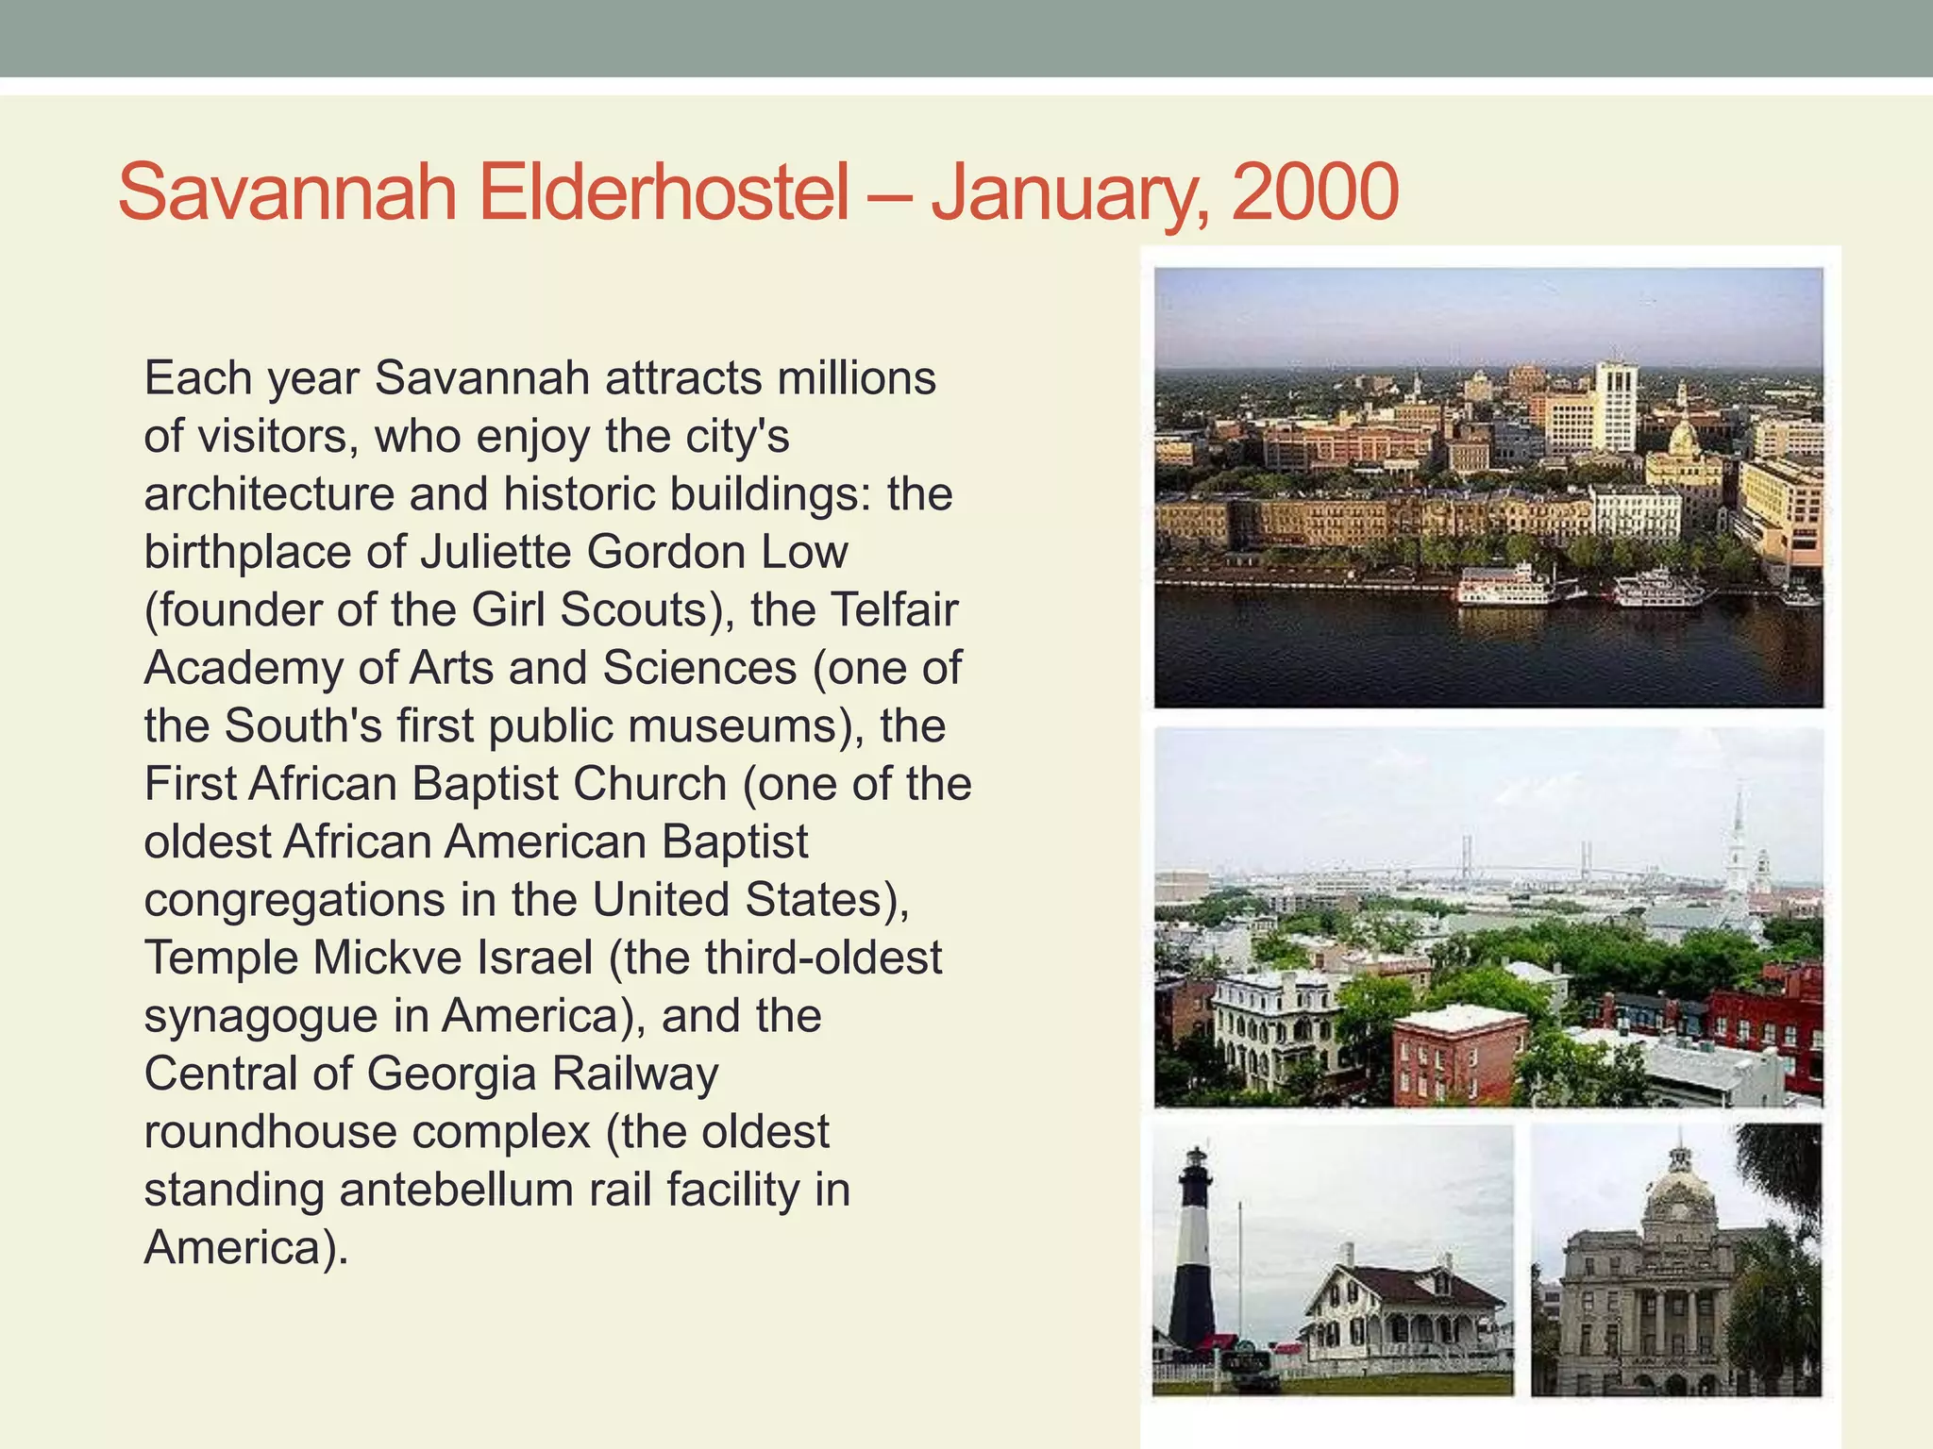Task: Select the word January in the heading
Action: (x=1068, y=192)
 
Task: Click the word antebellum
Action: (x=457, y=1190)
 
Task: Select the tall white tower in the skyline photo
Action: (x=1616, y=405)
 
